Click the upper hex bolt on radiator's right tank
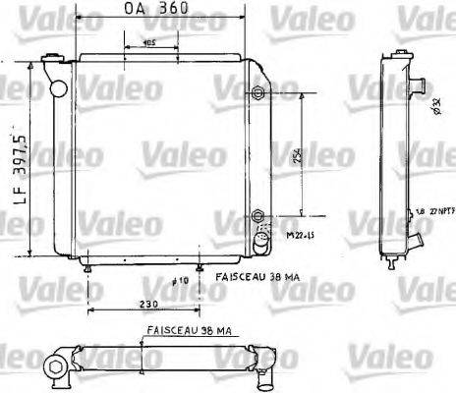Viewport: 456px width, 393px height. [256, 94]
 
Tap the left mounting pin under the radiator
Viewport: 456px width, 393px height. [90, 267]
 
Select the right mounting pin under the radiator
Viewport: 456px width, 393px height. [200, 267]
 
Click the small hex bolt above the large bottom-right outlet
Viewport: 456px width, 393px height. [257, 215]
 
